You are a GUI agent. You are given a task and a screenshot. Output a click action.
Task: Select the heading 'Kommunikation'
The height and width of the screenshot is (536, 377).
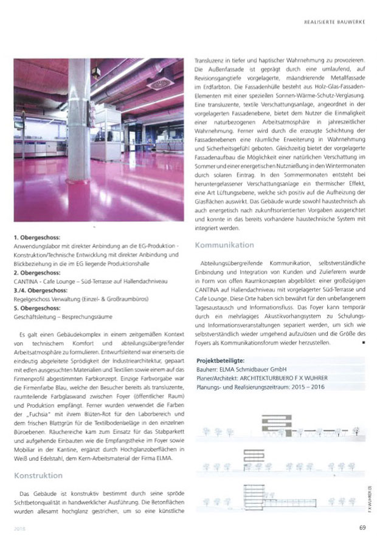pos(224,245)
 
